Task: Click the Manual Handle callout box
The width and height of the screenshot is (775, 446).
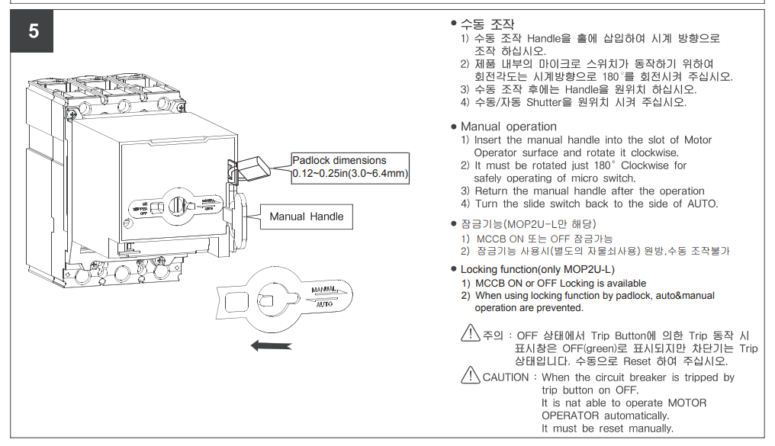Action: (307, 217)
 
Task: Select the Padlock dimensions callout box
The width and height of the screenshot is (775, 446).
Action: (350, 167)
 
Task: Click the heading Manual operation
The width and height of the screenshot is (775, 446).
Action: (508, 127)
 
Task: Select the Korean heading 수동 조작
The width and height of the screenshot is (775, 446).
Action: (487, 24)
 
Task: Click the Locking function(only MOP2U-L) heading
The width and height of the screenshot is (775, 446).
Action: (537, 269)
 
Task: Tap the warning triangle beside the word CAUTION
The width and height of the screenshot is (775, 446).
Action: (471, 375)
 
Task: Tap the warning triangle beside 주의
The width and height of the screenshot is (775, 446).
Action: (471, 333)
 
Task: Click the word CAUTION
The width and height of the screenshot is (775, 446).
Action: (505, 377)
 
